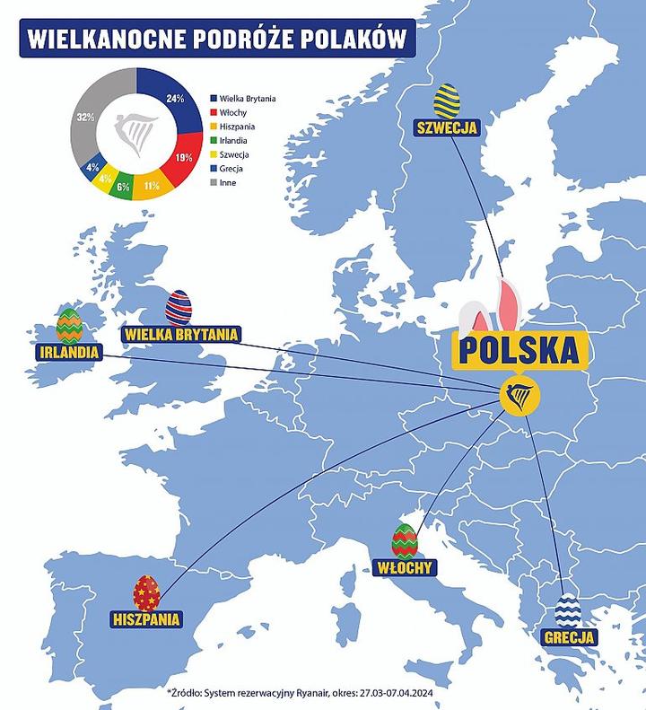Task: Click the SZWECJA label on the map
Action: [447, 127]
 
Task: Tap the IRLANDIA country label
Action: [65, 352]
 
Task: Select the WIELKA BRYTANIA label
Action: [182, 336]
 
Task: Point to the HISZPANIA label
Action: [146, 618]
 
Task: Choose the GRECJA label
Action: [570, 638]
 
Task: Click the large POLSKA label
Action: [520, 348]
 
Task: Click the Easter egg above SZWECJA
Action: [447, 101]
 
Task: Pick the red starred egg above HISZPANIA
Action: [146, 592]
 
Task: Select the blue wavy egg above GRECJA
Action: [569, 611]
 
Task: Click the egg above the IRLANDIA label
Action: [69, 326]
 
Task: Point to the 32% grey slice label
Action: [86, 117]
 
